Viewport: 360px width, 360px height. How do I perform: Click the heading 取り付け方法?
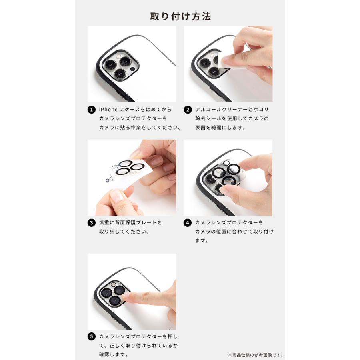coord(180,16)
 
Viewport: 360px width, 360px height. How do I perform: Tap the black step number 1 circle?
coord(91,110)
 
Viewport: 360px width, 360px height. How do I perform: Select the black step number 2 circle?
coord(188,110)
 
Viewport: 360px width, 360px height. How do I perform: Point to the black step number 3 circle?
coord(91,223)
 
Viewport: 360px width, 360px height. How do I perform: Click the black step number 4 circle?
coord(188,223)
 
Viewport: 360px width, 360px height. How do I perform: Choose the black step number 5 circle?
coord(91,336)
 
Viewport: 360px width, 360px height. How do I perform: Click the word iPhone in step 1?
coord(108,110)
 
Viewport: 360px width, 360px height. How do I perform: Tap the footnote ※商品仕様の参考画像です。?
coord(256,355)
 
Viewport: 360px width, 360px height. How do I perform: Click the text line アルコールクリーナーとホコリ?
coord(232,110)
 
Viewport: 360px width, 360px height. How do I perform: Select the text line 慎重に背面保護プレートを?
coord(130,222)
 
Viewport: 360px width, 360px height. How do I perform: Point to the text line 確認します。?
coord(114,354)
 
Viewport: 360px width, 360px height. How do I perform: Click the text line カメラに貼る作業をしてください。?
coord(140,128)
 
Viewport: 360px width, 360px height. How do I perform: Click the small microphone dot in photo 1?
coord(132,69)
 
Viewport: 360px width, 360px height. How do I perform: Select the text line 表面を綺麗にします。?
coord(220,128)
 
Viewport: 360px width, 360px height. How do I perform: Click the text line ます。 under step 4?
coord(202,241)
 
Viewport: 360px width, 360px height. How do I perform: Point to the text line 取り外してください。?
coord(124,232)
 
